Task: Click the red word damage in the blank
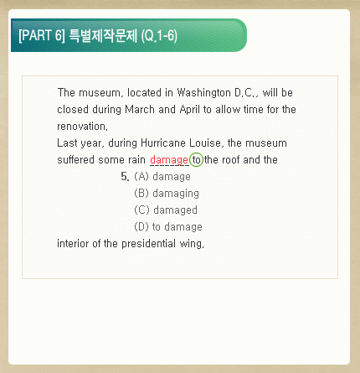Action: [169, 160]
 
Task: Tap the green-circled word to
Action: [197, 160]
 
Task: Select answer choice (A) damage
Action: [162, 177]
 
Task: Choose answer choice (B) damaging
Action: [167, 194]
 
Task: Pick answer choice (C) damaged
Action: [166, 210]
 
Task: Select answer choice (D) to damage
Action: [168, 227]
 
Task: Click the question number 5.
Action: [125, 177]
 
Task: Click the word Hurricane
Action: [163, 143]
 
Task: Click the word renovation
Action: [81, 127]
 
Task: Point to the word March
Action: [140, 110]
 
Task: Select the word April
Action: [189, 110]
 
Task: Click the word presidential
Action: [149, 244]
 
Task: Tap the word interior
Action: [73, 244]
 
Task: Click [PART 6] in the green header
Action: [42, 35]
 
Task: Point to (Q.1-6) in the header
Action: [159, 36]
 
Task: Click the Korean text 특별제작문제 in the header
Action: [103, 36]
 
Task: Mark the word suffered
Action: [75, 160]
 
